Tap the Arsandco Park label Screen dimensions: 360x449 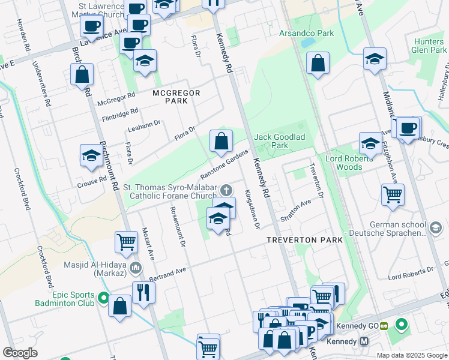coord(306,34)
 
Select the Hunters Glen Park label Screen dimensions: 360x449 coord(428,46)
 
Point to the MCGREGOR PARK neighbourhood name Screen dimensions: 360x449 coord(175,97)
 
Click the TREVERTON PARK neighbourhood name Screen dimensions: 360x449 coord(305,239)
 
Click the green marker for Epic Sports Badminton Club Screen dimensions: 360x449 coord(103,298)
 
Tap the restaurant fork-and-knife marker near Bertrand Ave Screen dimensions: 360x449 coord(144,292)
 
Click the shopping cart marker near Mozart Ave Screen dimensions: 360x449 coord(127,242)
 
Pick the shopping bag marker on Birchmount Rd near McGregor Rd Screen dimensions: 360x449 coord(82,74)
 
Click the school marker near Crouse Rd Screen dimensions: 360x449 coord(91,155)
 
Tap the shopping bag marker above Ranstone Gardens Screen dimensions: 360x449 coord(221,141)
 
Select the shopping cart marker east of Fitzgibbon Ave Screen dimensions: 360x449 coord(393,194)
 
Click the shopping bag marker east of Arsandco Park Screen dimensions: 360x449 coord(318,62)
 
